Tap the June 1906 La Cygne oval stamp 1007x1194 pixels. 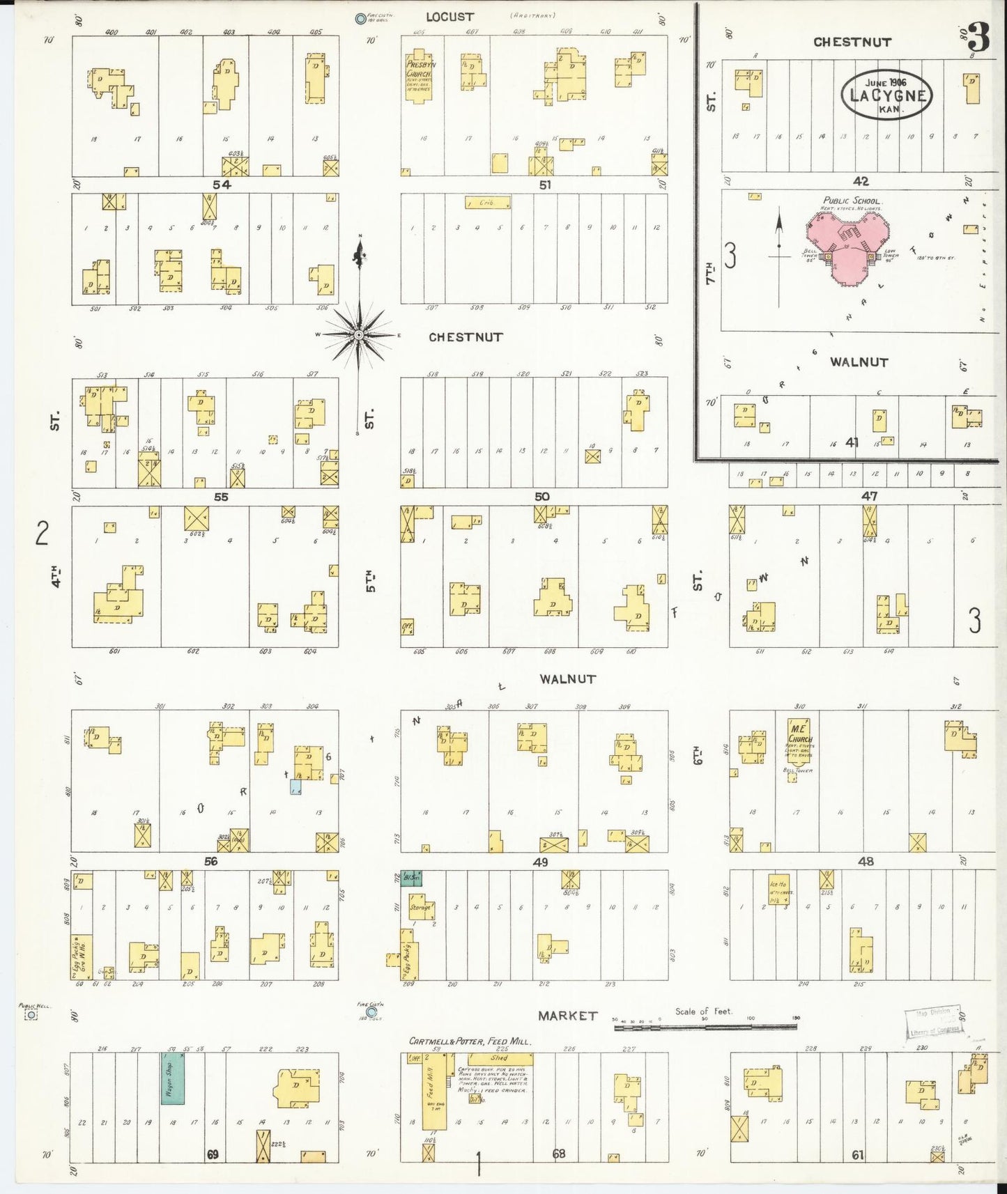(x=886, y=95)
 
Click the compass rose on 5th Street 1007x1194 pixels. (x=359, y=335)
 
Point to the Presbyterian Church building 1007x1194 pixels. (x=419, y=75)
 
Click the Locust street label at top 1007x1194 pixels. (x=449, y=17)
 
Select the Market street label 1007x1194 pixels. (x=567, y=1016)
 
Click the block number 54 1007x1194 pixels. (x=222, y=185)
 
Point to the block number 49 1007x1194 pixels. (x=540, y=862)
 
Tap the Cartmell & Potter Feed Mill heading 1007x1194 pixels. (x=470, y=1041)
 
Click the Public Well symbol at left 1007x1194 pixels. (x=31, y=1016)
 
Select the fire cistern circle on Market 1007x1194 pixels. (x=371, y=1012)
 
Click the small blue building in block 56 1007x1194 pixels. (x=295, y=786)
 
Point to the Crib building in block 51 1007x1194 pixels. (x=487, y=203)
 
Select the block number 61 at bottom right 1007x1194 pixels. (x=857, y=1155)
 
